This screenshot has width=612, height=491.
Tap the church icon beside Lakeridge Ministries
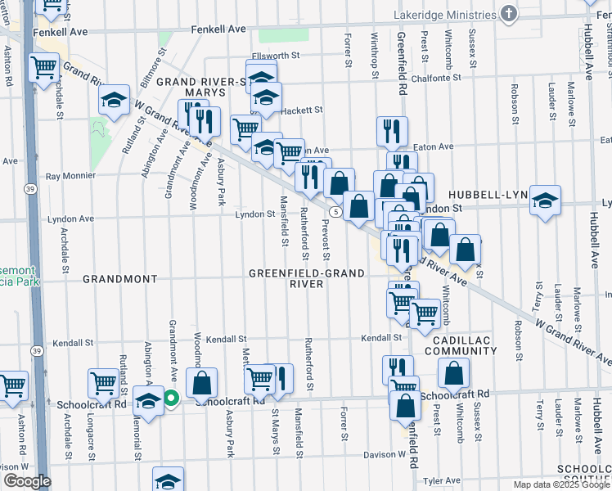509,14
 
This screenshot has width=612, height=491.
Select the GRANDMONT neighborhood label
119,279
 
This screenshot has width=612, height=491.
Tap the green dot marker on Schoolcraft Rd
171,399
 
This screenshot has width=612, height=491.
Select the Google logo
26,481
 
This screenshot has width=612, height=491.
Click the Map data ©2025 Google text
560,484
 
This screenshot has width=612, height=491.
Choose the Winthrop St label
374,61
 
